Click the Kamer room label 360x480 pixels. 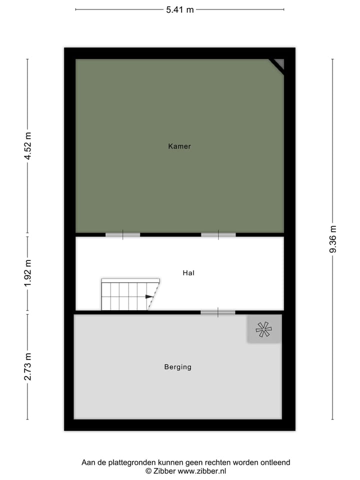coord(179,146)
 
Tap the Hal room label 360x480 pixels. coord(188,273)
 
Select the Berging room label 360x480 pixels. coord(177,367)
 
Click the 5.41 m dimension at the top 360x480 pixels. coord(180,9)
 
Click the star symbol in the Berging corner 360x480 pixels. coord(264,328)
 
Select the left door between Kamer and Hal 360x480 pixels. coord(122,234)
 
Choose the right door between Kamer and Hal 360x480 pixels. coord(218,234)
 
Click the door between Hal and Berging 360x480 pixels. coord(218,312)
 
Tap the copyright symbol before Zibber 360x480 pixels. coord(148,471)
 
